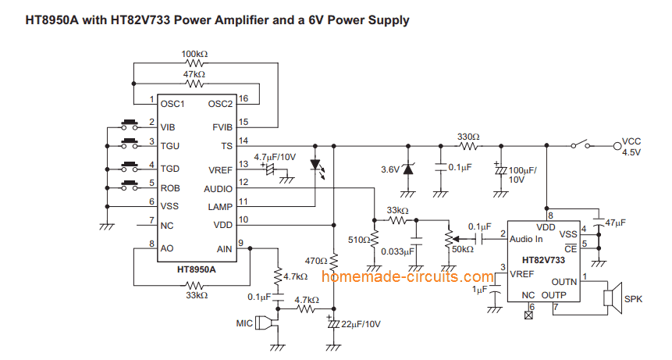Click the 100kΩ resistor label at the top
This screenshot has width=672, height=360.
(x=194, y=54)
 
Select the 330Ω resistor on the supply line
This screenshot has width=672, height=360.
(x=468, y=145)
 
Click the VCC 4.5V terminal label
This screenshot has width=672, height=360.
(x=631, y=147)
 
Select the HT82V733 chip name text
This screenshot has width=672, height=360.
(x=544, y=259)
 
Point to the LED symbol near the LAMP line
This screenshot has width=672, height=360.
(x=315, y=166)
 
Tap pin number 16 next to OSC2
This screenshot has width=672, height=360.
(x=244, y=98)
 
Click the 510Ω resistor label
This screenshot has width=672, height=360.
(x=358, y=241)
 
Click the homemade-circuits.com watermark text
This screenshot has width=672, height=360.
(x=407, y=276)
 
